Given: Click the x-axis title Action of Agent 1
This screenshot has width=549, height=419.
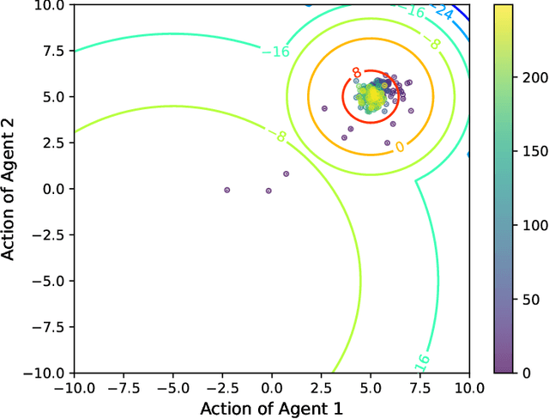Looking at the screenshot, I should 272,404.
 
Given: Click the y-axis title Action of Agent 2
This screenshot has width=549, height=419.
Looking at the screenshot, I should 11,188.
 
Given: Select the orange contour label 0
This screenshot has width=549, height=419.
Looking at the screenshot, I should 399,147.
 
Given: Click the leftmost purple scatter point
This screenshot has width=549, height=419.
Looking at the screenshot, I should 226,190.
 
